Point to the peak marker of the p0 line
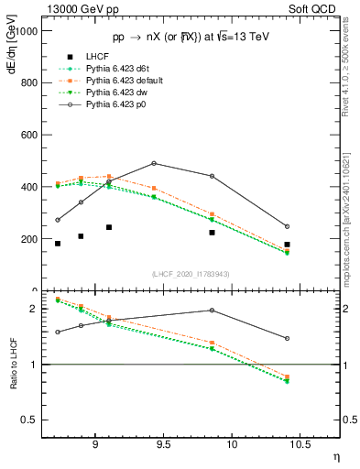coord(154,163)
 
